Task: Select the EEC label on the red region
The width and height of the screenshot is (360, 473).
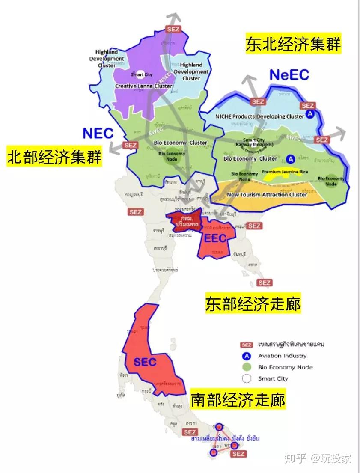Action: pos(214,238)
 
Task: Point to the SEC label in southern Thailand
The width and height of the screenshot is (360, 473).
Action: pos(145,362)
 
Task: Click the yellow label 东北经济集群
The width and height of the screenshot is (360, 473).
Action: pos(293,44)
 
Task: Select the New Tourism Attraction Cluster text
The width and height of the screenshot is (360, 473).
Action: pos(267,194)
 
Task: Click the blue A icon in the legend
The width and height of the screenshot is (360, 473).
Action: pos(246,356)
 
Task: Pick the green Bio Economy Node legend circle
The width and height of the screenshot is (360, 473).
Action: pos(246,367)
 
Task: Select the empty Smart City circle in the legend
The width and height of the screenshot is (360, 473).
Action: pos(246,378)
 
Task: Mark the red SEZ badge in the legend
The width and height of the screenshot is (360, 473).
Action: pos(246,345)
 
